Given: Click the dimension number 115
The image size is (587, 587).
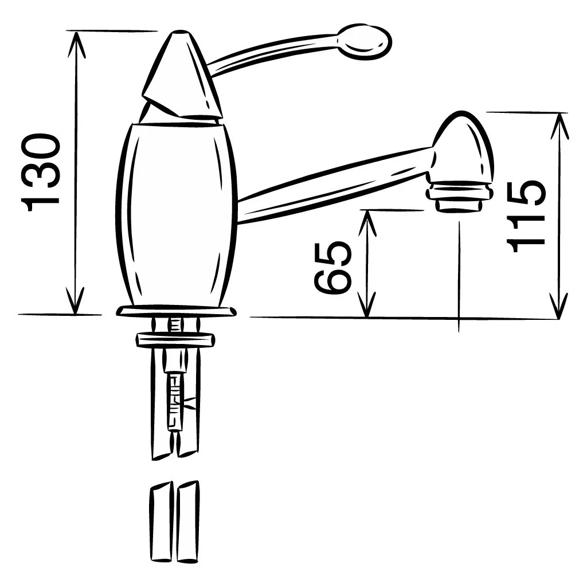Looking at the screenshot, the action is coord(526,216).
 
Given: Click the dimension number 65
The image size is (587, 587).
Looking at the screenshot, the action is coord(332,267).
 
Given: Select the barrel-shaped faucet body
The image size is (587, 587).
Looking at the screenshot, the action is coord(176,216).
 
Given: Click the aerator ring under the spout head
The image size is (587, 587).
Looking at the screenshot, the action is coord(459,197).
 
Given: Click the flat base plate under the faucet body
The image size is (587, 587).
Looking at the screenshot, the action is coord(176,311).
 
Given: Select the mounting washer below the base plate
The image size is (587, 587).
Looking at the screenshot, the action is coord(175,339).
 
